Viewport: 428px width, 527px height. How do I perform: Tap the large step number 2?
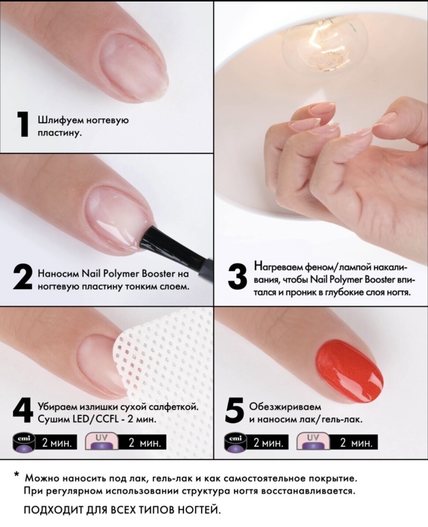point(22,277)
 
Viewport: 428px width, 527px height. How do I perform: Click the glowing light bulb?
point(324,42)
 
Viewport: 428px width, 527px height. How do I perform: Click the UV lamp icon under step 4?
point(102,442)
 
